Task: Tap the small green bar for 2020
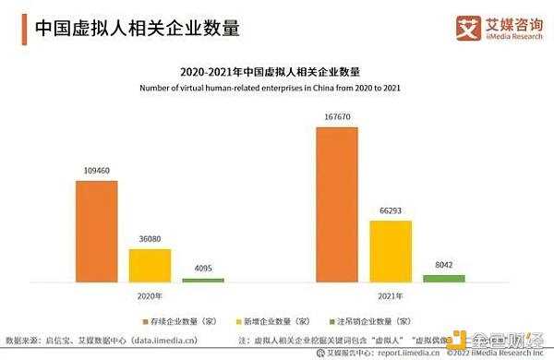202,280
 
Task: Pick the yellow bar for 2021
390,250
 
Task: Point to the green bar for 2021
443,278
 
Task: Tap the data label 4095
202,270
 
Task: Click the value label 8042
443,266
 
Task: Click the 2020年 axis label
150,296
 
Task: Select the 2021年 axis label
390,296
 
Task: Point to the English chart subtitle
276,88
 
